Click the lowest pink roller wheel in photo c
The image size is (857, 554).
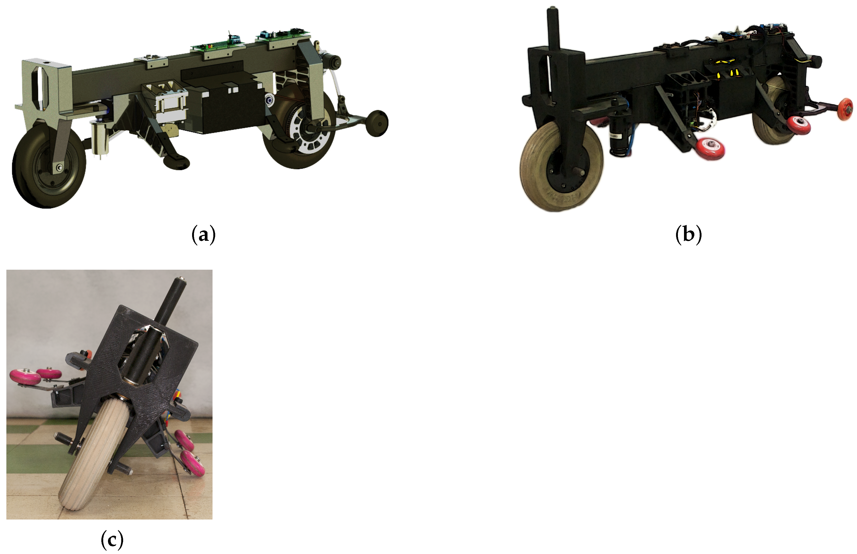[x=193, y=464]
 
